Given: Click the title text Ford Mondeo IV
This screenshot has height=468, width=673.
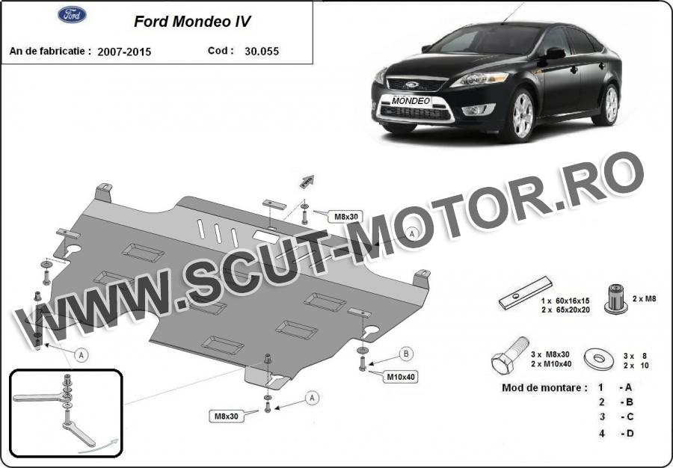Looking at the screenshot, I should pos(192,22).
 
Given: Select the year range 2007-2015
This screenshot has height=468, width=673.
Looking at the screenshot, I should pos(129,52).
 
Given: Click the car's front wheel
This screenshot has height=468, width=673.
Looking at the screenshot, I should pos(522,115).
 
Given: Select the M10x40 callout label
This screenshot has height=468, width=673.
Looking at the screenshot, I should pos(401,377).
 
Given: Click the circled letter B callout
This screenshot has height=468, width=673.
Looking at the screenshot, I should pos(407,353).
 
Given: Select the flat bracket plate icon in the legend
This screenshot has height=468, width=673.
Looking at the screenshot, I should pos(526,292).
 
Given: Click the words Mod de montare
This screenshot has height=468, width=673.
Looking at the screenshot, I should pos(544,388).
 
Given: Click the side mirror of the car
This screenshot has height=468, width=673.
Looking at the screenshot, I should pos(554,53).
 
